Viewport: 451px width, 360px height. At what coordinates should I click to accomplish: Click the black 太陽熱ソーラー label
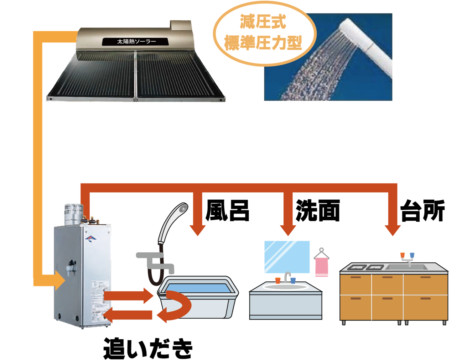[x=136, y=41]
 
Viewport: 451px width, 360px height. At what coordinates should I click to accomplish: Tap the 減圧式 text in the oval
[x=263, y=22]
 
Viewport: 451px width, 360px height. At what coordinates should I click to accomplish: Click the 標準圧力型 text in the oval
[x=263, y=43]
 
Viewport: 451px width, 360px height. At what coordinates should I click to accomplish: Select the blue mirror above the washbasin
[x=287, y=257]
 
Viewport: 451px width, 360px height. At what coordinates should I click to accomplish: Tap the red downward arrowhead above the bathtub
[x=198, y=230]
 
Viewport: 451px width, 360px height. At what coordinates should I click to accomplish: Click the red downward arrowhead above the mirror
[x=288, y=230]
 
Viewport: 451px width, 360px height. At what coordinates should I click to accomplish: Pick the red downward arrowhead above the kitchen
[x=392, y=230]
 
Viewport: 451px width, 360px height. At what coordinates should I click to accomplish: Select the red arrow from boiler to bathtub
[x=128, y=296]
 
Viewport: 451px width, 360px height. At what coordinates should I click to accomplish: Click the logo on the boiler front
[x=91, y=239]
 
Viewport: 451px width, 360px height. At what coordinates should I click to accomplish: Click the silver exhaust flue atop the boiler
[x=73, y=213]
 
